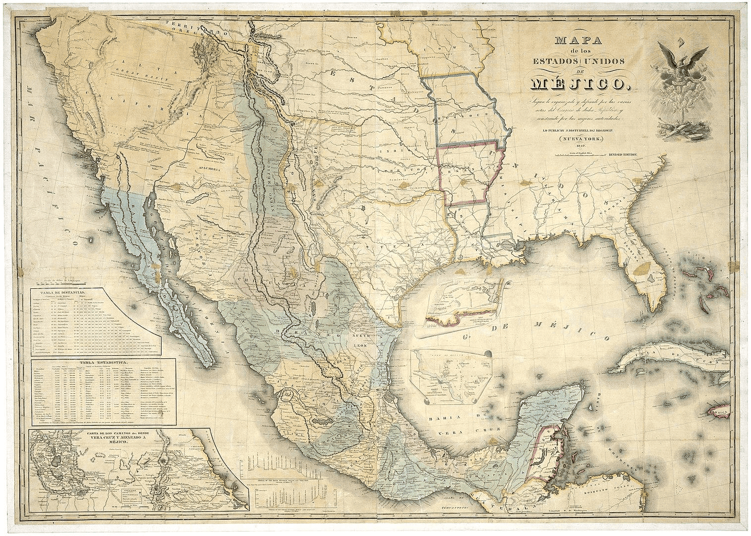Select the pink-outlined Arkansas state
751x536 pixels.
click(x=468, y=174)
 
